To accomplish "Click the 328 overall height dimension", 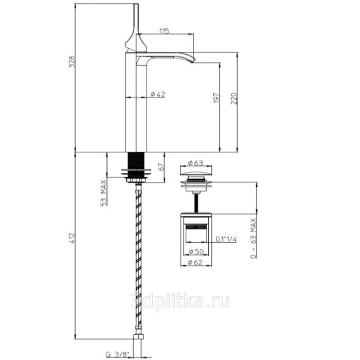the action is (72, 62).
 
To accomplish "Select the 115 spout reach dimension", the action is (164, 31).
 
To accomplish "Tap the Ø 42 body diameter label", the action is (158, 94).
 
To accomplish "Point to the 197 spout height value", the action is (217, 98).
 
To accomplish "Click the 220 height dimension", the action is (233, 99).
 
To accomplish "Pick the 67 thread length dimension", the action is (161, 167).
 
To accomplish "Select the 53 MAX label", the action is (104, 193).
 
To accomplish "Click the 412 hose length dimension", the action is (72, 238).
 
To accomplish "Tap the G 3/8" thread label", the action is (118, 354).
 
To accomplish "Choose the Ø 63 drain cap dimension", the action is (195, 163).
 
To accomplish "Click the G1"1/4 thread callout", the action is (226, 239).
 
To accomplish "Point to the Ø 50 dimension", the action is (196, 251).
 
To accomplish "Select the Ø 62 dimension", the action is (195, 262).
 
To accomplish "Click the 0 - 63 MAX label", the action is (254, 238).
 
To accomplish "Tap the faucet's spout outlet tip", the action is (193, 60).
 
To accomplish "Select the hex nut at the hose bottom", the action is (138, 336).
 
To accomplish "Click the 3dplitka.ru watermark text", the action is (180, 301).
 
